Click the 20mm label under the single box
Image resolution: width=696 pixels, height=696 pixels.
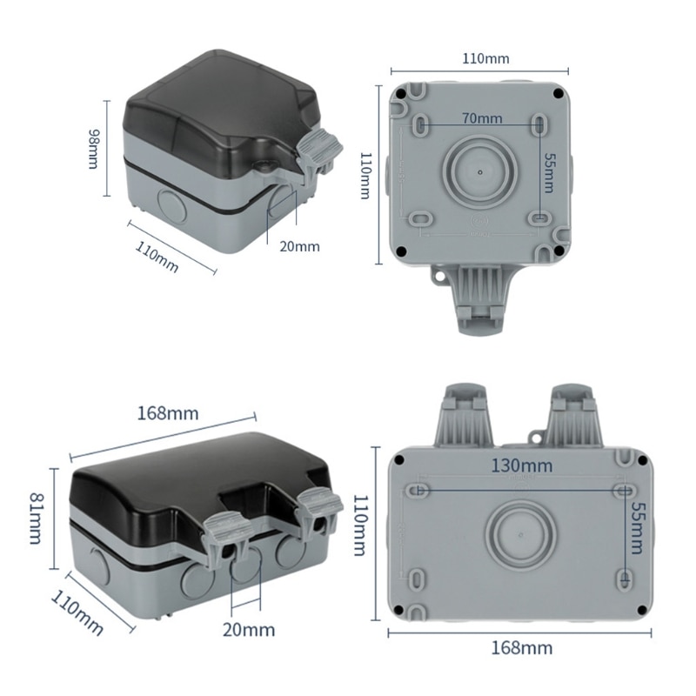(x=298, y=246)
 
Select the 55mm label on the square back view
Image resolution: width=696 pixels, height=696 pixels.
(x=546, y=171)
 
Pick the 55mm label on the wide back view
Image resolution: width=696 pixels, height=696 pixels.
(x=639, y=527)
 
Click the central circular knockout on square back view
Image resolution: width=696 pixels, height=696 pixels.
(x=480, y=171)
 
